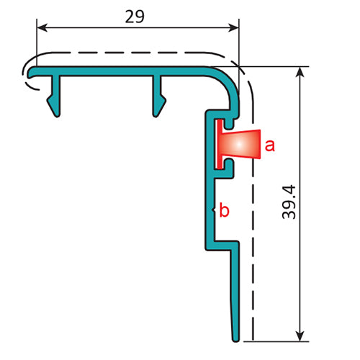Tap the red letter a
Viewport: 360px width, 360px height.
tap(269, 146)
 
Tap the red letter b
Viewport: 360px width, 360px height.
tap(224, 211)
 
